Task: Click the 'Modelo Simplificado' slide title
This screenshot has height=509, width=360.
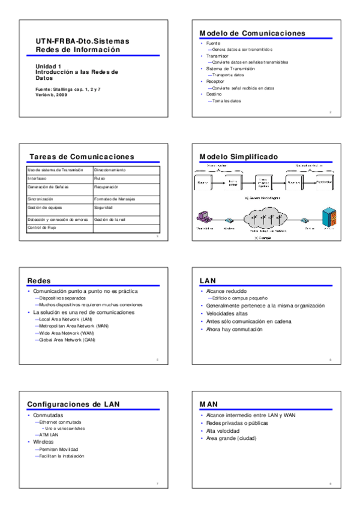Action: (x=239, y=157)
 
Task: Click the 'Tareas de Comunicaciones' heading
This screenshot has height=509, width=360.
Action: (x=82, y=157)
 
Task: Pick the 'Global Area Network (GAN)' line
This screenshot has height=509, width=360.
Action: (x=66, y=340)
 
